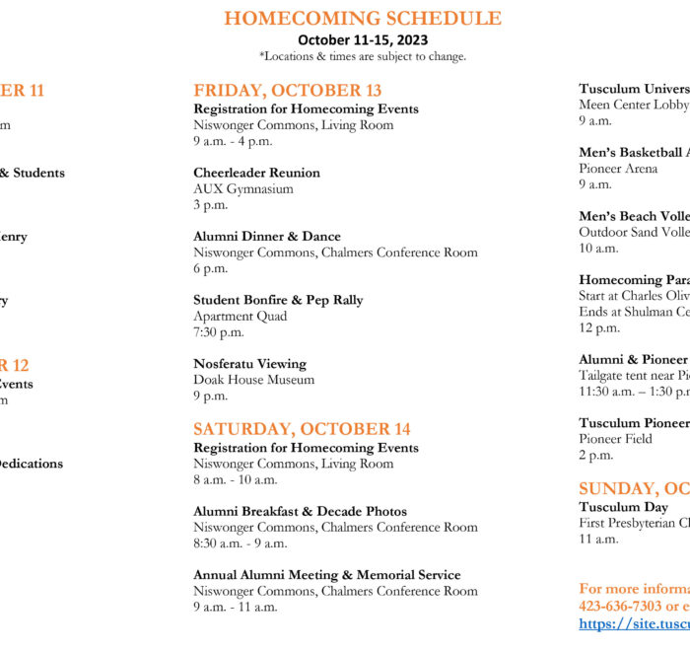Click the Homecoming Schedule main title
(x=363, y=19)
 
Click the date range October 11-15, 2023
(x=363, y=40)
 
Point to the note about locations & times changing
(x=363, y=56)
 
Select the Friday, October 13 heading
(x=287, y=91)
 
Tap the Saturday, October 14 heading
(x=302, y=429)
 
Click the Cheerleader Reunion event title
(x=256, y=173)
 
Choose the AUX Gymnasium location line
(x=242, y=188)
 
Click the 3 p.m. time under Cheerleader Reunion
(x=210, y=205)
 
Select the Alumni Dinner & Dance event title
(x=267, y=237)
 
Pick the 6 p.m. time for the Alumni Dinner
(x=210, y=268)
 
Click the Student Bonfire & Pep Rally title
(x=278, y=300)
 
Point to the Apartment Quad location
(x=241, y=317)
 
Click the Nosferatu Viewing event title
(x=249, y=364)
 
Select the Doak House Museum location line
(x=253, y=380)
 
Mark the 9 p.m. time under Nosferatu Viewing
(x=210, y=396)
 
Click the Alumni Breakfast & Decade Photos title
(x=300, y=511)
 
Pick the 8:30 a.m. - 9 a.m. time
(x=241, y=543)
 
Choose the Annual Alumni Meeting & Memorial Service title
(x=326, y=575)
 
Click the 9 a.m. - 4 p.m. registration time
(x=233, y=141)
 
